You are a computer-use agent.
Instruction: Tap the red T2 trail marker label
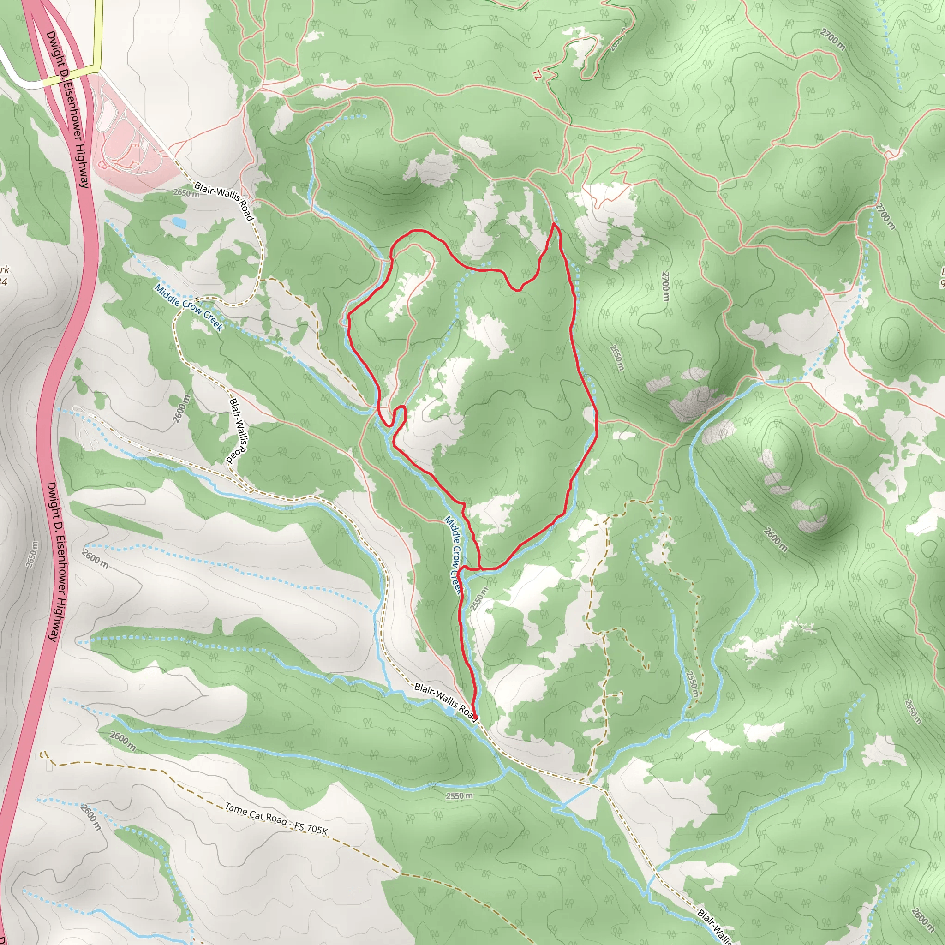538,75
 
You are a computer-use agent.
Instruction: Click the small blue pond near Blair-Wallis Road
179,223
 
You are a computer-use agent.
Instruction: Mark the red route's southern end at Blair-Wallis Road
474,718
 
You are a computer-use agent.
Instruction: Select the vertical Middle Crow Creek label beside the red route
453,555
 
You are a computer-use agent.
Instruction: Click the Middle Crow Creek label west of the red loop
189,308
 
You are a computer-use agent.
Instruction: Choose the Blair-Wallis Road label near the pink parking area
224,201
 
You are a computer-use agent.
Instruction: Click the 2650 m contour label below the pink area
186,193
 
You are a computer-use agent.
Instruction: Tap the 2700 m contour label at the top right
832,40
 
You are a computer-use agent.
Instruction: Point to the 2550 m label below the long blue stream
459,796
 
